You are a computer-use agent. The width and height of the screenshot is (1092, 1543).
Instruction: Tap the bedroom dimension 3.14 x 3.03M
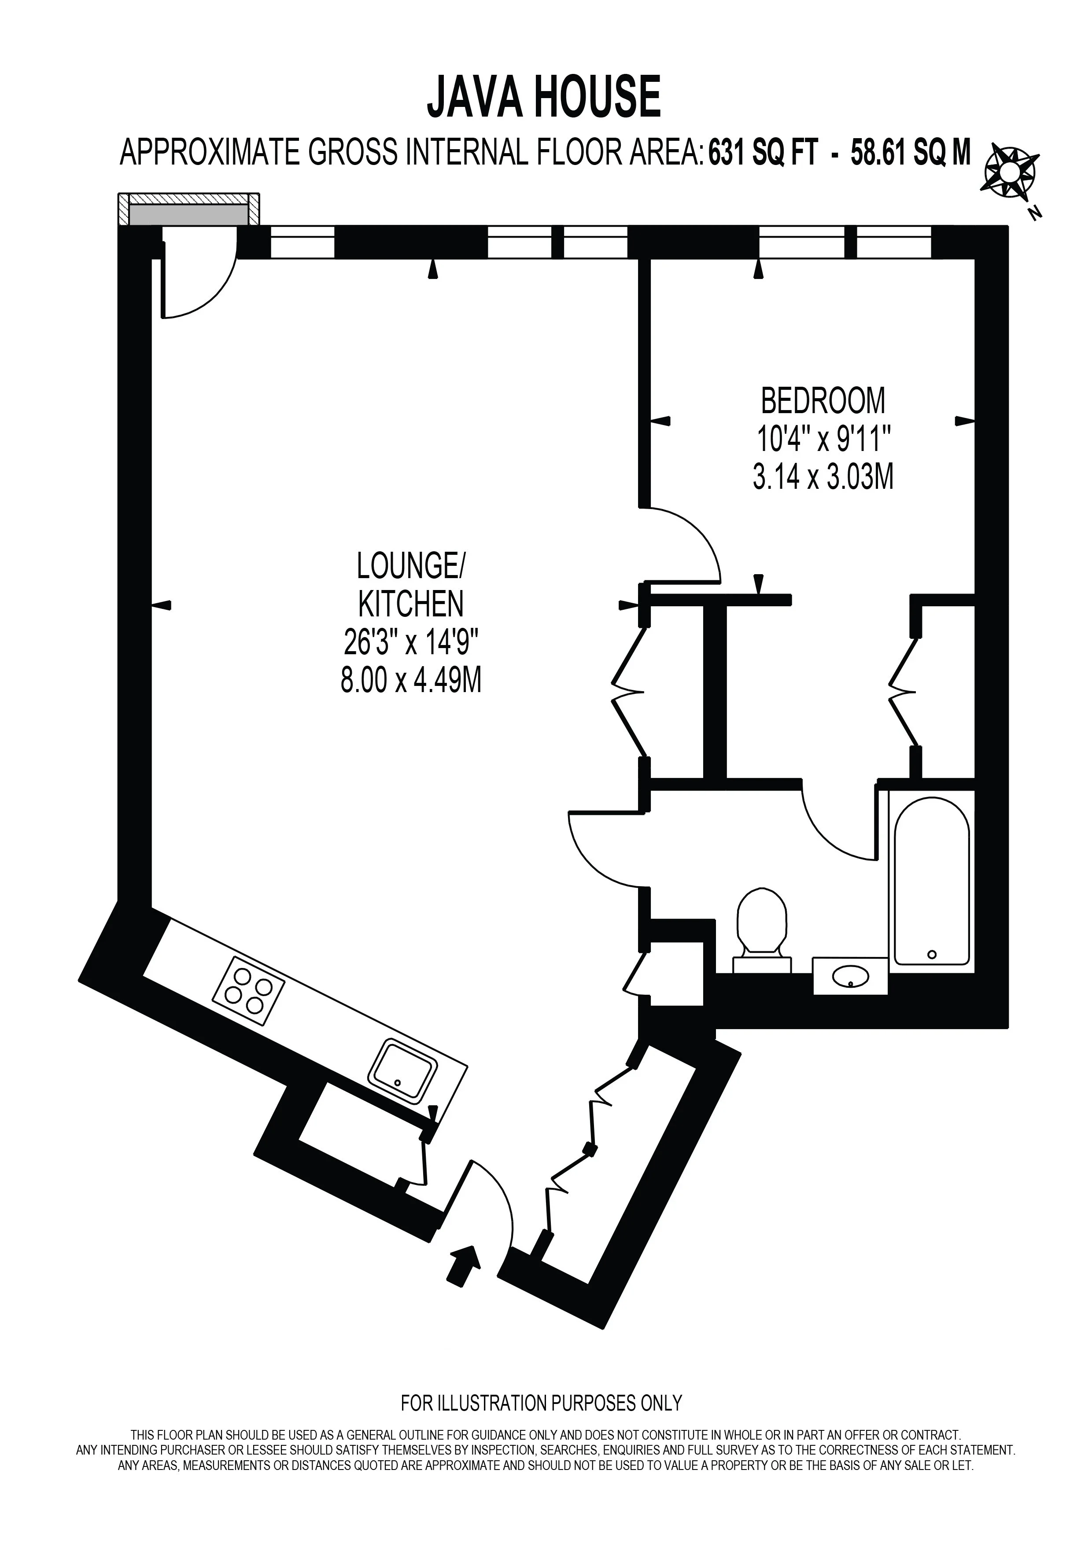[823, 479]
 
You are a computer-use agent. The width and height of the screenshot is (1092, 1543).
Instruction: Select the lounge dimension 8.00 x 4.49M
[411, 682]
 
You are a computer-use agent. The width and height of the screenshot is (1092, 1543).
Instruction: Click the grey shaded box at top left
[189, 215]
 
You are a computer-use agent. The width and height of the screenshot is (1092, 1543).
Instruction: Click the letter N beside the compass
[1036, 213]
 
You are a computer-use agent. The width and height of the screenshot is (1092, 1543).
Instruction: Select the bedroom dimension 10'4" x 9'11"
[824, 440]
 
